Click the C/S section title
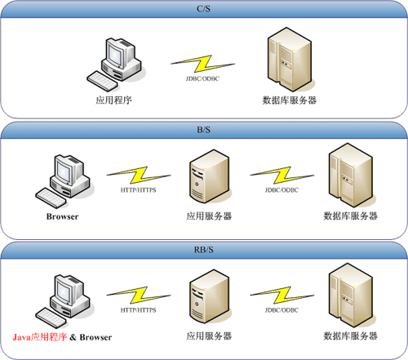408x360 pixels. (203, 9)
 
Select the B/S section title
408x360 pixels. (203, 130)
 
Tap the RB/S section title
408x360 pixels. (203, 250)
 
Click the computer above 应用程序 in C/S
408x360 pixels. (114, 64)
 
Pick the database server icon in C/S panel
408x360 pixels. (290, 60)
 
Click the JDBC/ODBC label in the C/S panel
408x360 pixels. (202, 78)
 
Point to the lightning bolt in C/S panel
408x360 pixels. (202, 64)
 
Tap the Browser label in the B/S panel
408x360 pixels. (62, 216)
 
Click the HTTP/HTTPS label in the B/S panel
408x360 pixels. (139, 190)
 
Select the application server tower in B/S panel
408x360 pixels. (209, 176)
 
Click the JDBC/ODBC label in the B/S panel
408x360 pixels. (282, 190)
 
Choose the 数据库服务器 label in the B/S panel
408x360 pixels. (350, 216)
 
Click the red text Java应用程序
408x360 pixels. (40, 337)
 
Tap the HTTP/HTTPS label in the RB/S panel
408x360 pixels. (139, 310)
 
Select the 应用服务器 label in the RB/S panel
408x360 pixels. (209, 336)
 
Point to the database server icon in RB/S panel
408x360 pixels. (351, 296)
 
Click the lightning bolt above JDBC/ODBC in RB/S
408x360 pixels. (282, 295)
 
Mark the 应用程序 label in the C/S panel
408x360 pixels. (113, 100)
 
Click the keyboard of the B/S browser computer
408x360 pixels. (51, 198)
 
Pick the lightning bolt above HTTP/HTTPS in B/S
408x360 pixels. (139, 176)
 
